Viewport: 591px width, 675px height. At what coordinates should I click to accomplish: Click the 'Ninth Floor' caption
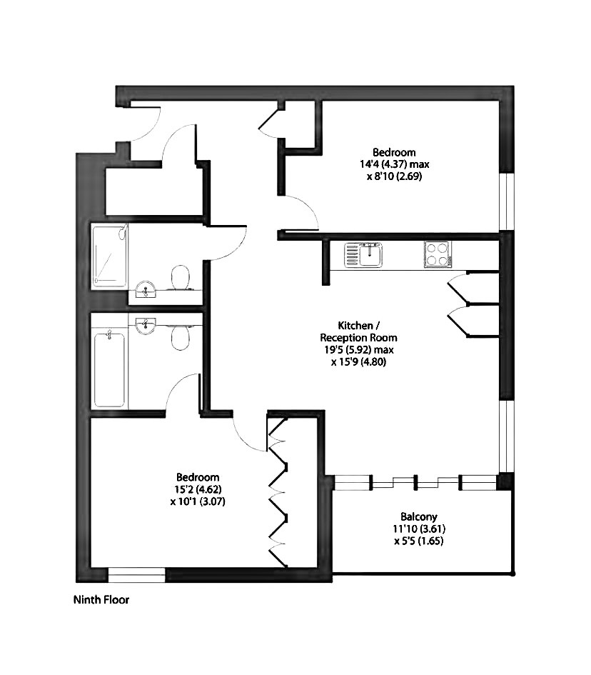(x=101, y=600)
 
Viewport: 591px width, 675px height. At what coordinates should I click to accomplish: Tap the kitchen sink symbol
(x=363, y=254)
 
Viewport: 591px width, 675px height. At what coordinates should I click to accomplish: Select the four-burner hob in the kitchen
(x=438, y=254)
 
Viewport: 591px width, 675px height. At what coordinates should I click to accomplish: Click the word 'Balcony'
(x=418, y=516)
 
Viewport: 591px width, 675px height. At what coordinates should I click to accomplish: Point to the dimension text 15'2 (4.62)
(x=198, y=489)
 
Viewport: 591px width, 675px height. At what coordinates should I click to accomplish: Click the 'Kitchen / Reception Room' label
(x=358, y=331)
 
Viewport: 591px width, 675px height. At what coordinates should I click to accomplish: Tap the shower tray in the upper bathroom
(x=110, y=256)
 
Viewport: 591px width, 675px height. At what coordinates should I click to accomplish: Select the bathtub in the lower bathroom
(x=110, y=369)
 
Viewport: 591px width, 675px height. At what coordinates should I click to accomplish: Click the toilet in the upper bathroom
(x=181, y=278)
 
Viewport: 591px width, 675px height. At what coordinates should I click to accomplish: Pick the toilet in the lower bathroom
(x=181, y=336)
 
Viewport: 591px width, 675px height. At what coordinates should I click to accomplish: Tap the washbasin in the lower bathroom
(x=146, y=326)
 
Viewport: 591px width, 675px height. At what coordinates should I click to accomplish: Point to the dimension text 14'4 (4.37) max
(x=395, y=164)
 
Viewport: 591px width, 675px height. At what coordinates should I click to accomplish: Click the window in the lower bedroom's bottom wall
(x=136, y=575)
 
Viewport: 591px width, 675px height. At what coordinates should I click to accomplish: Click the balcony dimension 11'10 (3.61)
(x=418, y=529)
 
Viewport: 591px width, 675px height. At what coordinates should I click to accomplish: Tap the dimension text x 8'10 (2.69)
(x=395, y=176)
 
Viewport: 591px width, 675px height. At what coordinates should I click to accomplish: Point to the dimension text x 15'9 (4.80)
(x=358, y=361)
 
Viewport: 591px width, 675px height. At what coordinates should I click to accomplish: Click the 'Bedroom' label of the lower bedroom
(x=198, y=477)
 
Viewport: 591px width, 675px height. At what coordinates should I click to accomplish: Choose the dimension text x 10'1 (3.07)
(x=198, y=501)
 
